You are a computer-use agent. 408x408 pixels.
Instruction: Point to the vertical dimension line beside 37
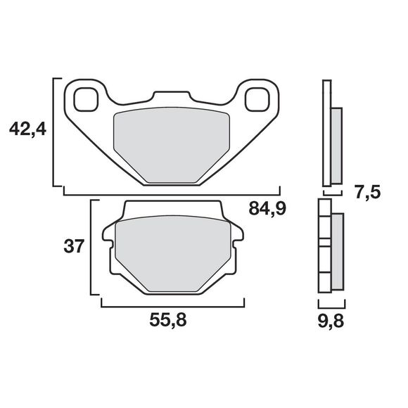coord(91,248)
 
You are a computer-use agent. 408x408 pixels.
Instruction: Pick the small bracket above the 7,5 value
coord(333,191)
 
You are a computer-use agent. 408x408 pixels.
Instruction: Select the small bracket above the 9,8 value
coord(331,305)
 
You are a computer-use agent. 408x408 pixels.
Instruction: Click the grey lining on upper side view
coord(336,144)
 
